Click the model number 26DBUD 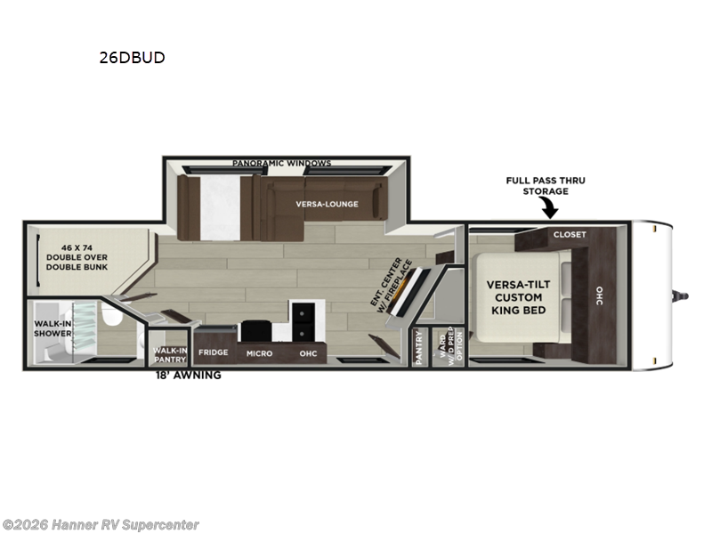132,58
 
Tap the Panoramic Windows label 281,163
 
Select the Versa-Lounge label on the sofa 328,204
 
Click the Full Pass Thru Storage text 546,185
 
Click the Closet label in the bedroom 570,235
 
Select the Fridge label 214,352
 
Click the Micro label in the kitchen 259,353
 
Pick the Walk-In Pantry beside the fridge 169,354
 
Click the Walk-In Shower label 53,329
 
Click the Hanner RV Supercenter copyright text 101,525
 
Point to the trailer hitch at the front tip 684,293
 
